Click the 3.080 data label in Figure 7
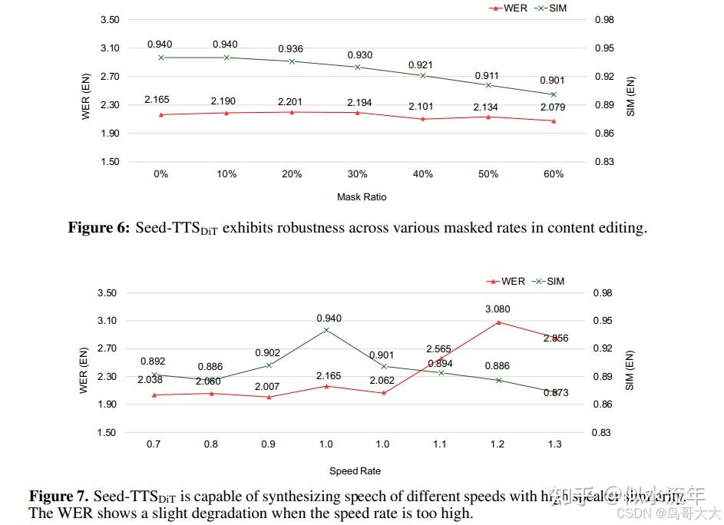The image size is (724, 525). [498, 309]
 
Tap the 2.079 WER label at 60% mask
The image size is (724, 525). [554, 107]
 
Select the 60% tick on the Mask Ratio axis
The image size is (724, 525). [554, 174]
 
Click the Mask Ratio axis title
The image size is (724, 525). [362, 197]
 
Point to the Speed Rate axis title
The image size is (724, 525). [355, 471]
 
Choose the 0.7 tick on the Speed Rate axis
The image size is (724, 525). [154, 444]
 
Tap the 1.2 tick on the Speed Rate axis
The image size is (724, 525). [498, 444]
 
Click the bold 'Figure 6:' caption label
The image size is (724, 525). [99, 228]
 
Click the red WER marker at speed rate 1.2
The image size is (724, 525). [498, 322]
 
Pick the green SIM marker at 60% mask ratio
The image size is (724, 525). [554, 94]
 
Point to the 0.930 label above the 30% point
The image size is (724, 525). [358, 55]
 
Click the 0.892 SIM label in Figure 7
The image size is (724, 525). [153, 362]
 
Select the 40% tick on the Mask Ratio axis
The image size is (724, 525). [423, 174]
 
